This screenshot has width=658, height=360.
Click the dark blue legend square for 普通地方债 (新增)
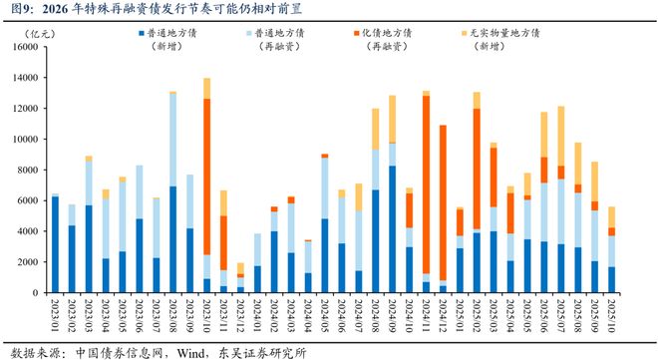(x=141, y=33)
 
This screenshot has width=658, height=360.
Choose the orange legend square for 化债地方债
(x=356, y=33)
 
